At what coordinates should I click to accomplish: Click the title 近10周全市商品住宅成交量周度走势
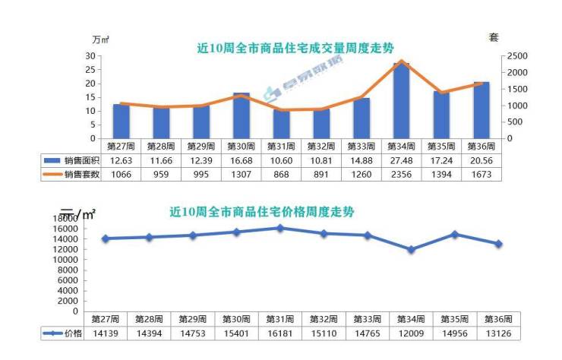click(x=295, y=48)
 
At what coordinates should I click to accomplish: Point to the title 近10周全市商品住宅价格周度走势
click(x=262, y=212)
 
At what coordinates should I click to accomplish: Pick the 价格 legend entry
click(x=63, y=333)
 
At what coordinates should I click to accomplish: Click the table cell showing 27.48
click(x=401, y=160)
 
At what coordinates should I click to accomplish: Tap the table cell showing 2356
click(x=401, y=174)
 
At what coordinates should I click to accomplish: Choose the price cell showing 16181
click(x=280, y=333)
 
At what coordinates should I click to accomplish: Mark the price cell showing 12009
click(x=411, y=333)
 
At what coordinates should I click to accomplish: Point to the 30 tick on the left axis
click(x=90, y=56)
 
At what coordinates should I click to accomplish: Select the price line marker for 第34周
click(x=411, y=249)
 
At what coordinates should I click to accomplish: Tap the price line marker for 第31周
click(x=280, y=228)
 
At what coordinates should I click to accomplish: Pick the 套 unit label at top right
click(x=494, y=37)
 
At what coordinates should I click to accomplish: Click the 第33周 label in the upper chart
click(x=361, y=146)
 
